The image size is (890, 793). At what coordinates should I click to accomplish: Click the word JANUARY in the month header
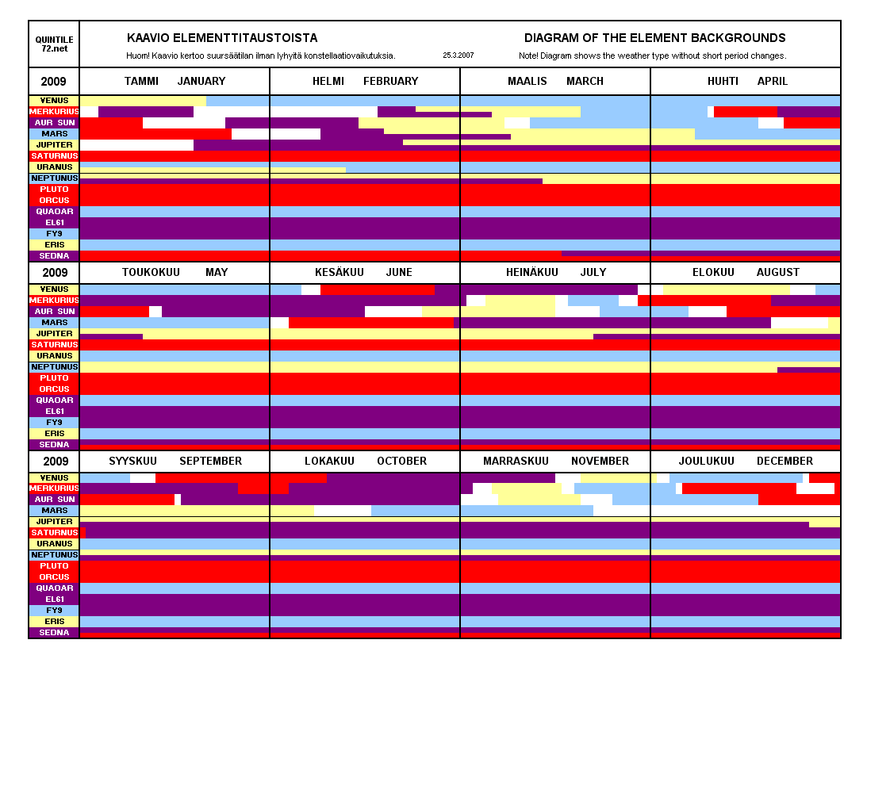(201, 81)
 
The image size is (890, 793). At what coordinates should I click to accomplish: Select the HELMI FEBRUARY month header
(365, 81)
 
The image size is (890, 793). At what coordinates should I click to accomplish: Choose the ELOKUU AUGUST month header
(746, 272)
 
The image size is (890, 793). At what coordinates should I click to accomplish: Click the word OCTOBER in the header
(401, 461)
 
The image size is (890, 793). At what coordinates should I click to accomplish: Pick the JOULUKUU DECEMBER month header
(746, 461)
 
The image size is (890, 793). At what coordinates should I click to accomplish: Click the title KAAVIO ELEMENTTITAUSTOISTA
(222, 38)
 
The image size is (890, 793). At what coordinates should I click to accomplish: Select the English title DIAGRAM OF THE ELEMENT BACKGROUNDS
(654, 38)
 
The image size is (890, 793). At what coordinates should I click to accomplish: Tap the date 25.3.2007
(458, 56)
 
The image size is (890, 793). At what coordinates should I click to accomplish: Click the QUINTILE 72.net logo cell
(54, 44)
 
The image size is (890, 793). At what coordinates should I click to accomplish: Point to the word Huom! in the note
(137, 56)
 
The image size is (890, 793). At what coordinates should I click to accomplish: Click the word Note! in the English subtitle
(530, 56)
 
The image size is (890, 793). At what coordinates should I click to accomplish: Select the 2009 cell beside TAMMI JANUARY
(54, 82)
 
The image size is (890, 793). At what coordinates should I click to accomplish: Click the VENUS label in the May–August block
(54, 289)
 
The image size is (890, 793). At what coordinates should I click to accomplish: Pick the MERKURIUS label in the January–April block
(54, 112)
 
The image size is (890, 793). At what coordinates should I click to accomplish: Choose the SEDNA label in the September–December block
(54, 633)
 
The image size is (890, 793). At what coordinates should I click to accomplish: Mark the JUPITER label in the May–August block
(54, 334)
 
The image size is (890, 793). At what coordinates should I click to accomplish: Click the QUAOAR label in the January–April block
(54, 212)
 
